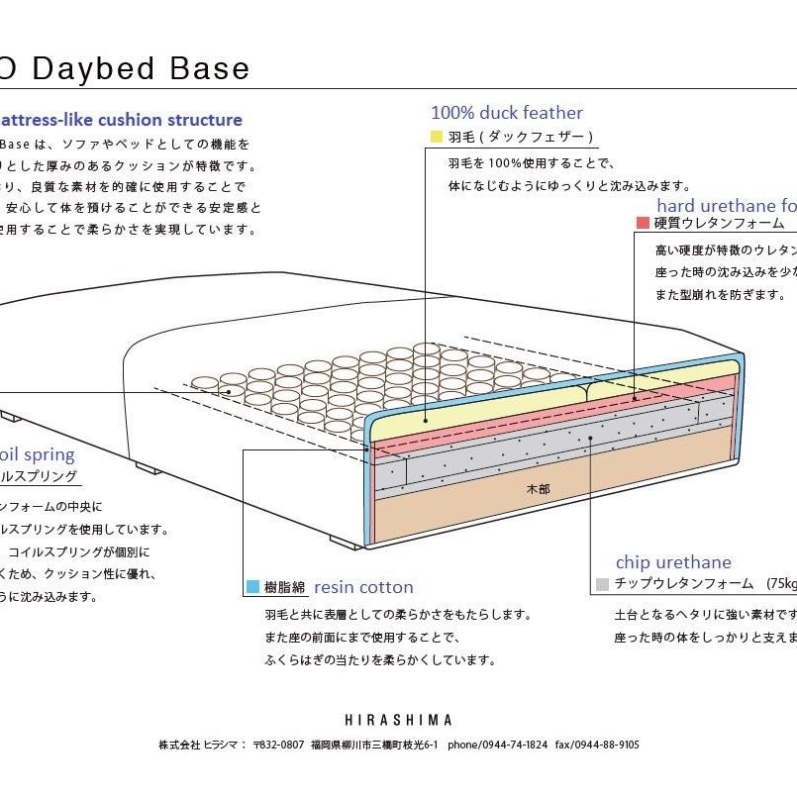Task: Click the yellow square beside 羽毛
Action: pos(436,137)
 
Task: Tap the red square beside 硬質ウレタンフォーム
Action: pos(643,223)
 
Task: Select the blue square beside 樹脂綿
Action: pos(253,587)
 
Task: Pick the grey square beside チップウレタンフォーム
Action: pos(602,584)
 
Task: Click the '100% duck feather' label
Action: pos(506,113)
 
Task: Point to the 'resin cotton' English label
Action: pos(363,587)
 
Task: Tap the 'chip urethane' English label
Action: pos(673,562)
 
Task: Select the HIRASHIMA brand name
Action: pos(398,720)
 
